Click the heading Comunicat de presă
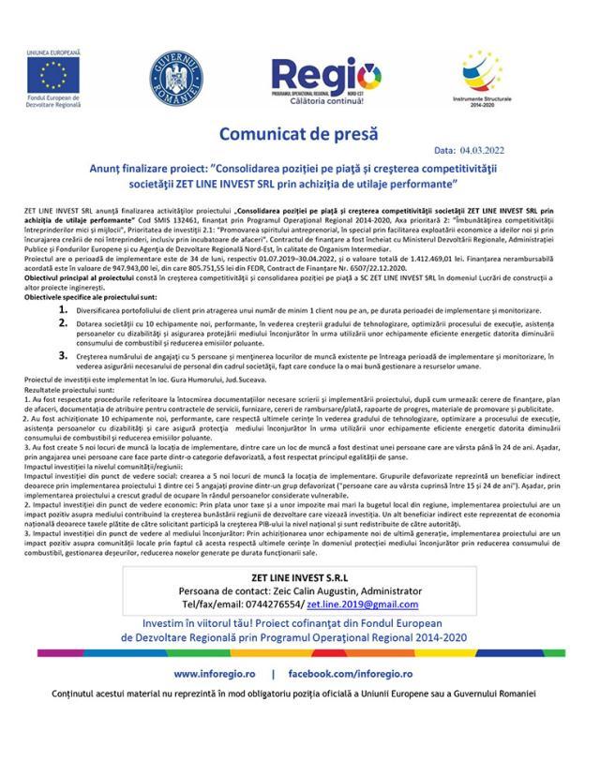(299, 133)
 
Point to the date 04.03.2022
(512, 149)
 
